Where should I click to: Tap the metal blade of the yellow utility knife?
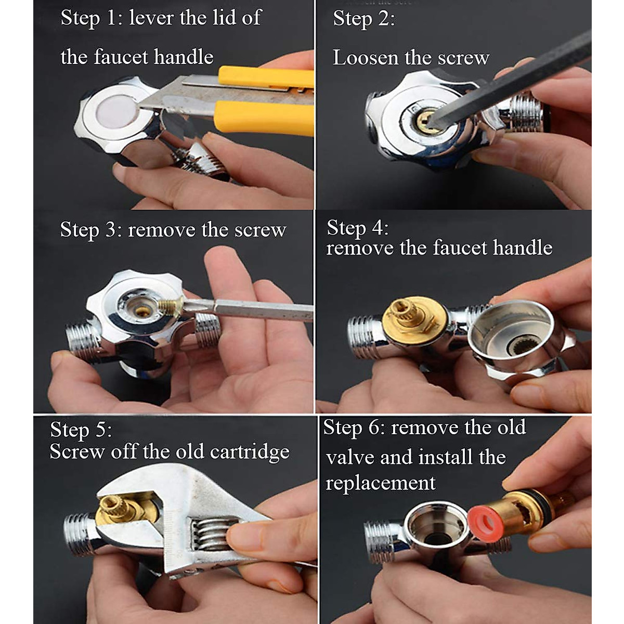172,99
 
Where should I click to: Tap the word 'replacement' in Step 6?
380,483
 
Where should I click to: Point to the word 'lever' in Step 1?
151,18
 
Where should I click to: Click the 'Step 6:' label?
354,428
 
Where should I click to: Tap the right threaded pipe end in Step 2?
525,113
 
